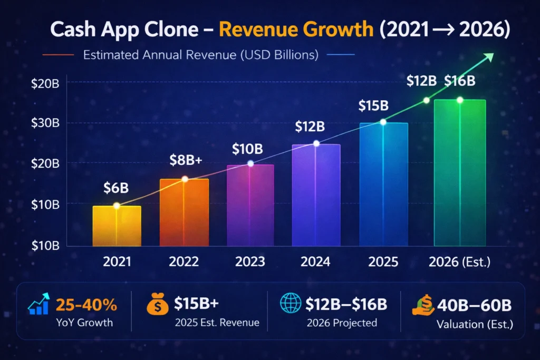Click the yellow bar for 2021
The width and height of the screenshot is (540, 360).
point(117,226)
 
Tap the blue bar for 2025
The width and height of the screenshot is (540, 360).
point(383,184)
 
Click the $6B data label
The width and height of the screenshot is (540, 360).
point(117,187)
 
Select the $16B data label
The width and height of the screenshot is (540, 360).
point(460,81)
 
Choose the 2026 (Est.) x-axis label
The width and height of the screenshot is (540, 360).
point(459,261)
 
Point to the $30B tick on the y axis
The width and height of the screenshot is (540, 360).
point(46,123)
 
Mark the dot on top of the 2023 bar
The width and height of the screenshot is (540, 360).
point(250,163)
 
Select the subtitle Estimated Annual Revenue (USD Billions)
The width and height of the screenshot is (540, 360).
point(201,55)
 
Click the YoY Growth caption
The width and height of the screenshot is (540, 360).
point(85,323)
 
